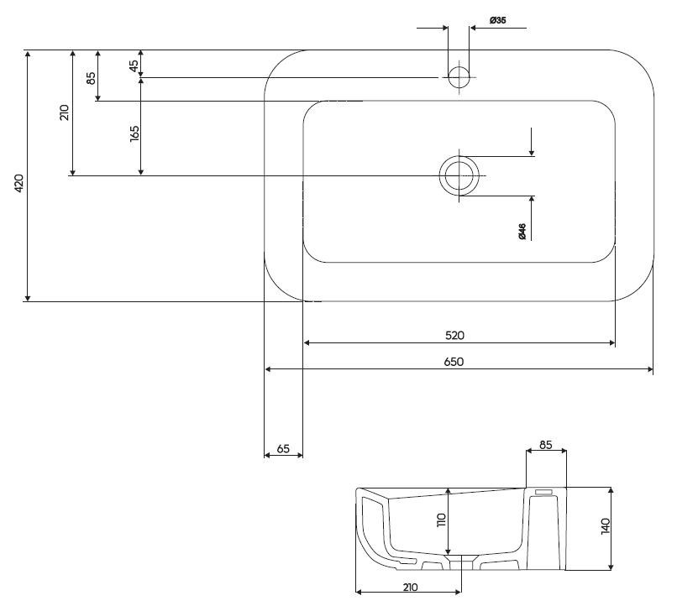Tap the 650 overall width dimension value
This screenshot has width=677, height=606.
point(454,362)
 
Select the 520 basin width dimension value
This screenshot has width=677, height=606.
point(454,335)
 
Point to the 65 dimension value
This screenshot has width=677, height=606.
point(283,449)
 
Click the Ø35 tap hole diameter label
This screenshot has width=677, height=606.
point(497,20)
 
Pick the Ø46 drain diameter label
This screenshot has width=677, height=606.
point(522,232)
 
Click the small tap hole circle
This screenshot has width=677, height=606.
point(459,77)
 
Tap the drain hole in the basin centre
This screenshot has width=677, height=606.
point(459,175)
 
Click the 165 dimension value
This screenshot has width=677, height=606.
point(134,134)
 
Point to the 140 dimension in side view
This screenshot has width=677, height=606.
point(606,527)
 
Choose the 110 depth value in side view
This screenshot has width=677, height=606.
point(440,520)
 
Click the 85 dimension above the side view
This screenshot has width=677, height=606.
point(546,446)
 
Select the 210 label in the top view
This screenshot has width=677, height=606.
point(65,113)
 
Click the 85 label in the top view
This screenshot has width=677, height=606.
point(92,84)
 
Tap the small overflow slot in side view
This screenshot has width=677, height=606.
point(543,492)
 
